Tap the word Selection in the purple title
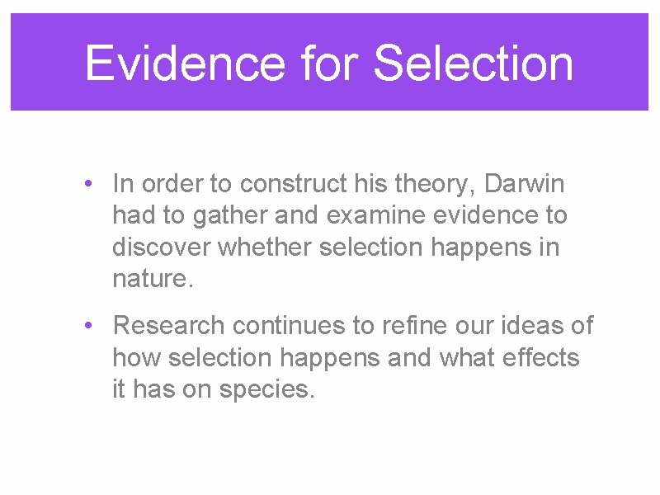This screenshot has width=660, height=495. pos(474,64)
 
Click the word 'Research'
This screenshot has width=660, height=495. pos(169,326)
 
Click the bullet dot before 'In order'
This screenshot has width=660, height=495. pos(89,184)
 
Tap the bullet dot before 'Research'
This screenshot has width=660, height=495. pos(89,327)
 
